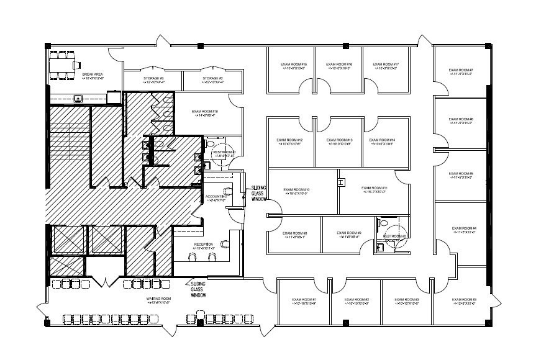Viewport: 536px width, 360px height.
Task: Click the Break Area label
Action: coord(93,76)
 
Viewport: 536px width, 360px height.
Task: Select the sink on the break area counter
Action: coord(78,97)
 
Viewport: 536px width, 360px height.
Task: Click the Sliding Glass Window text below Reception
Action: coord(198,289)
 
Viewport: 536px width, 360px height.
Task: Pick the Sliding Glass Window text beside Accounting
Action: coord(260,193)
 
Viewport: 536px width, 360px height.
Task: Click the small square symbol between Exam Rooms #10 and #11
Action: coord(341,182)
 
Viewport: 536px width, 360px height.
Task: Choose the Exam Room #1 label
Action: coord(304,301)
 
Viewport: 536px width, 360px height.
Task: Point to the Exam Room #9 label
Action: coord(349,235)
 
